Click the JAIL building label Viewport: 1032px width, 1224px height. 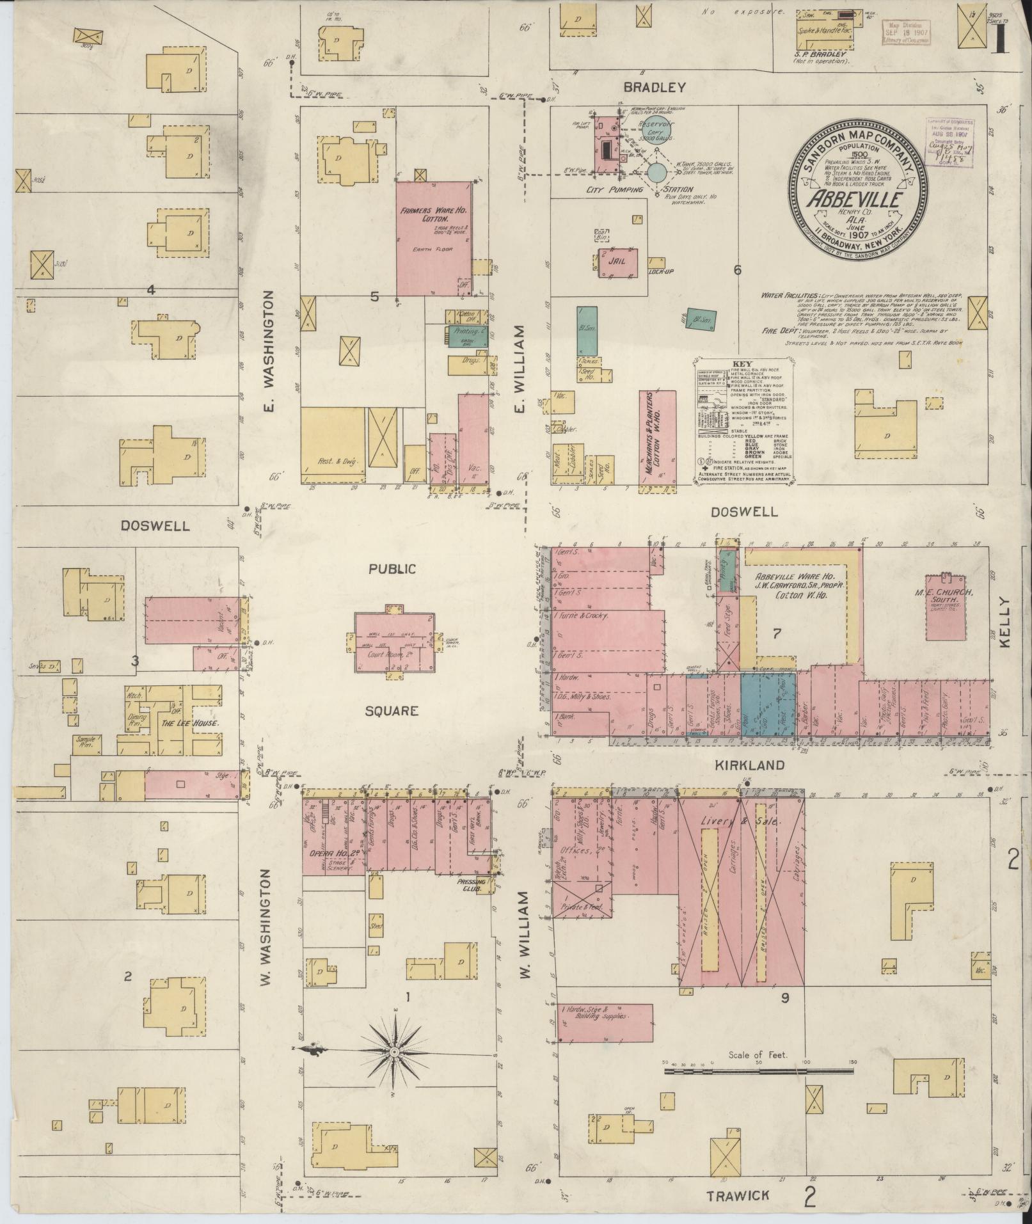click(618, 261)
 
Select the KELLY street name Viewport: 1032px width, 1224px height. click(1003, 624)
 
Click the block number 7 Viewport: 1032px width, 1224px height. click(776, 634)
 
